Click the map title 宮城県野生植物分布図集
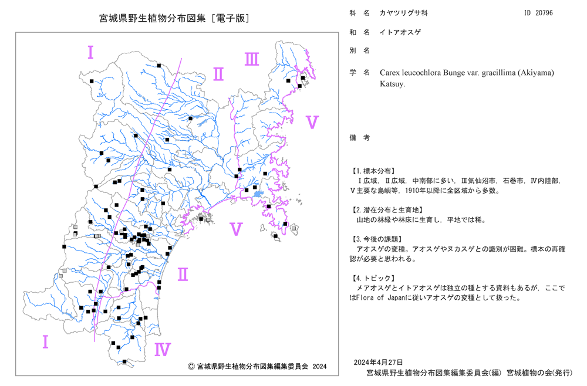[153, 18]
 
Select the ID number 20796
[544, 13]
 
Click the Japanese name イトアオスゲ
[400, 32]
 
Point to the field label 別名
[360, 50]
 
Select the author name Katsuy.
[392, 84]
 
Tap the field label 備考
[360, 138]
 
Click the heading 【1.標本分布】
[373, 171]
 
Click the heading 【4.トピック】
[373, 278]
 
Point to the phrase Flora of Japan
[376, 298]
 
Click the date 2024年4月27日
[379, 362]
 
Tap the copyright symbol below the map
[191, 366]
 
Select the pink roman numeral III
[252, 59]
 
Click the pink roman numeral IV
[163, 350]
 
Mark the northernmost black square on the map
[158, 66]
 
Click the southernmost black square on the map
[124, 362]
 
